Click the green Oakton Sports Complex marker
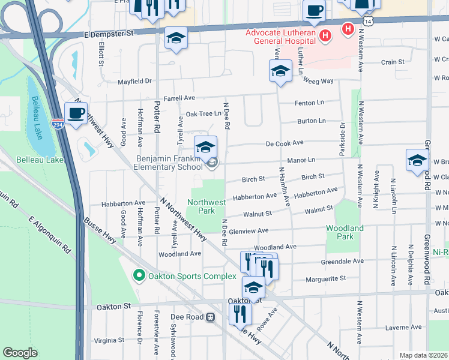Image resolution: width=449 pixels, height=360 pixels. [139, 276]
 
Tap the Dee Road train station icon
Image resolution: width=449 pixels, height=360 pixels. [210, 317]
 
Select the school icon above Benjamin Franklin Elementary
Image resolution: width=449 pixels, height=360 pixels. [205, 146]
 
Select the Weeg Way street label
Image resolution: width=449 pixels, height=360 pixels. [318, 80]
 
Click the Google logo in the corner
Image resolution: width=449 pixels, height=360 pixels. [20, 353]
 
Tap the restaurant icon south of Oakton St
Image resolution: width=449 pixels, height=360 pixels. [240, 314]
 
